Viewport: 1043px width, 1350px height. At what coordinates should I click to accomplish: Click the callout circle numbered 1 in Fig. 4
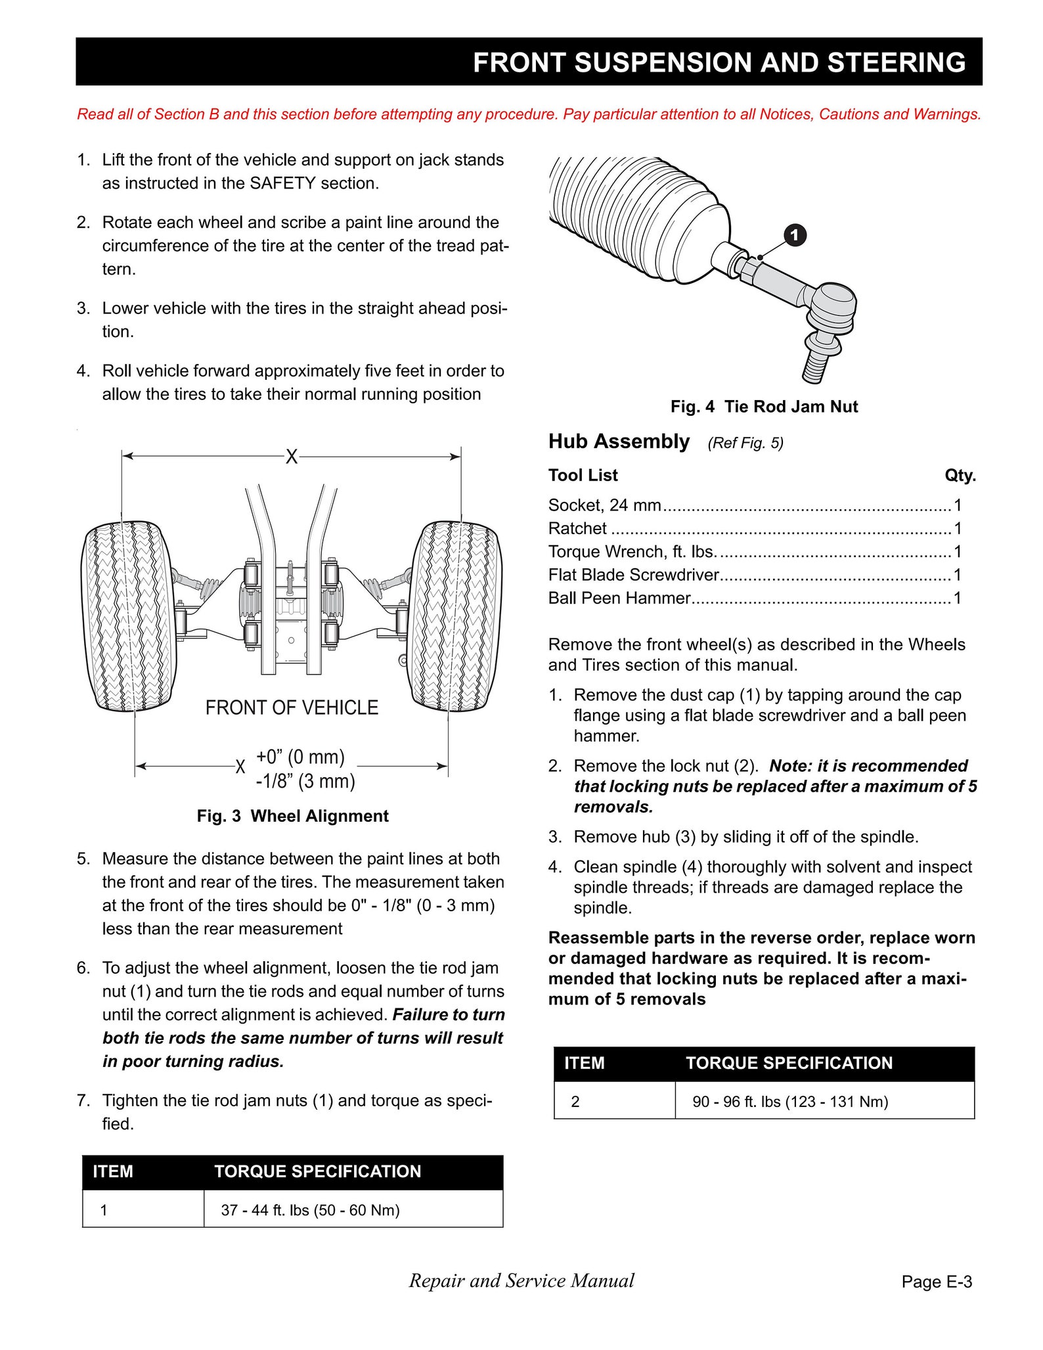point(795,235)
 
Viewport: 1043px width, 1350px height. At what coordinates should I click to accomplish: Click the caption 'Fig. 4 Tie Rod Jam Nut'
point(764,407)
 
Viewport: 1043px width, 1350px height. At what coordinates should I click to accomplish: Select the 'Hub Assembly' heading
point(619,441)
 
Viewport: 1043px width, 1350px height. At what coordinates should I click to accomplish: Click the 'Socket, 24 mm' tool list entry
point(604,505)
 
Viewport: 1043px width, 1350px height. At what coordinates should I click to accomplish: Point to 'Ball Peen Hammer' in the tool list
point(619,598)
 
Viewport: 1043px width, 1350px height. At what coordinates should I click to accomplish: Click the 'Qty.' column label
point(960,475)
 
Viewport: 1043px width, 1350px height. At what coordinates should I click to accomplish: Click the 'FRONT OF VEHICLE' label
point(292,708)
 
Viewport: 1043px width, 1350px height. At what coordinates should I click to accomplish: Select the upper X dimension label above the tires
point(291,457)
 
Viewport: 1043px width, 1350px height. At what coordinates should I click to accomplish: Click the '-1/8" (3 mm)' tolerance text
point(305,781)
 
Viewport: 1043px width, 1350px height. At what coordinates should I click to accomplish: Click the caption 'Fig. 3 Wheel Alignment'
point(292,816)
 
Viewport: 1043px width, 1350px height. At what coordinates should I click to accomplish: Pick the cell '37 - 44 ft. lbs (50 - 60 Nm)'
point(310,1210)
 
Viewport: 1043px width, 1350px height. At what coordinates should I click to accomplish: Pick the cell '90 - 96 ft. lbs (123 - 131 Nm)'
point(790,1102)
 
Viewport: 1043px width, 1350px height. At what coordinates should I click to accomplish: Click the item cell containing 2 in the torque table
point(575,1102)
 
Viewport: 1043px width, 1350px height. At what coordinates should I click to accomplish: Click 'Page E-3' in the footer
point(937,1282)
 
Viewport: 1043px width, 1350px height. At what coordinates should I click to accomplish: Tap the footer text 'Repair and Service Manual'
point(521,1280)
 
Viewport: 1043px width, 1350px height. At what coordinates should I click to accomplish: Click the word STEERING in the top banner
point(896,62)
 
